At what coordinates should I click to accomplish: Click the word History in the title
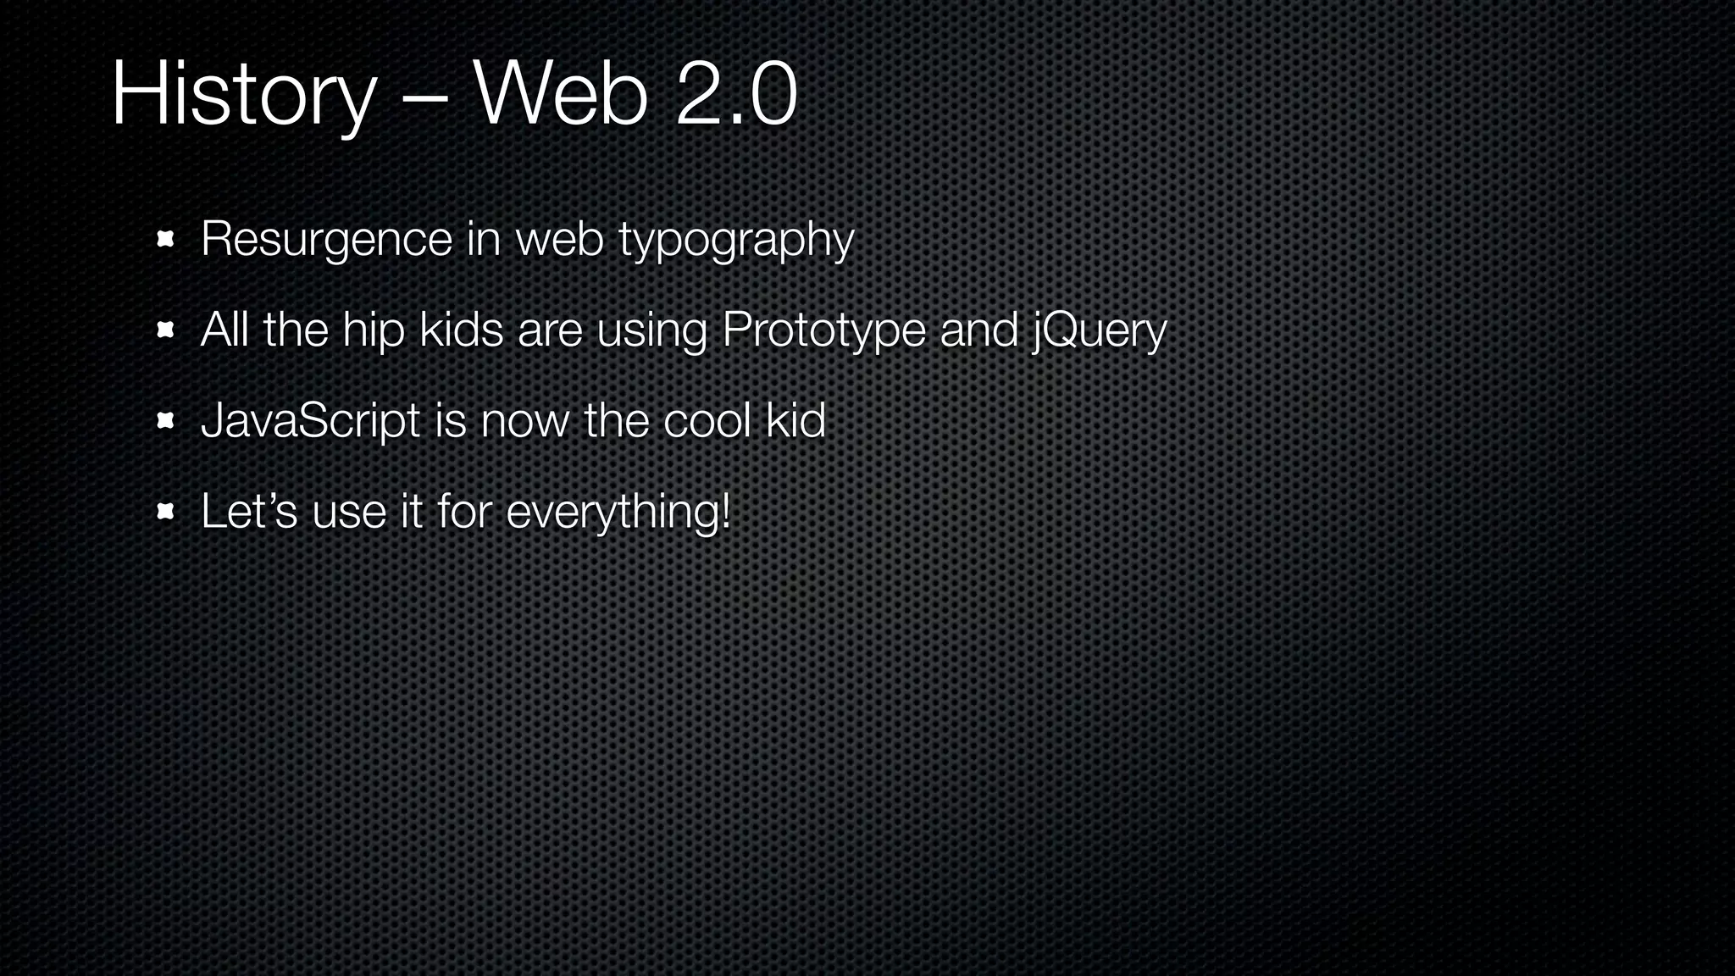(243, 95)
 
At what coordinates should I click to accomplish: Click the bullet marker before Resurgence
(165, 240)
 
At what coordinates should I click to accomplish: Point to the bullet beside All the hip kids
(165, 330)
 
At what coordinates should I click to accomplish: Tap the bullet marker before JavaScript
(165, 421)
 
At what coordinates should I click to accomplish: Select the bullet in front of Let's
(165, 512)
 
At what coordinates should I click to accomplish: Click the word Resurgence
(326, 240)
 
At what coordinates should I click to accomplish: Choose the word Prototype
(823, 330)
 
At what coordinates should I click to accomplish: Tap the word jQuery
(1099, 330)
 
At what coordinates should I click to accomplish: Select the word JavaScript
(310, 421)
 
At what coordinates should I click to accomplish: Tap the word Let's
(249, 511)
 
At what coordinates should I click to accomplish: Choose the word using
(651, 330)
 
